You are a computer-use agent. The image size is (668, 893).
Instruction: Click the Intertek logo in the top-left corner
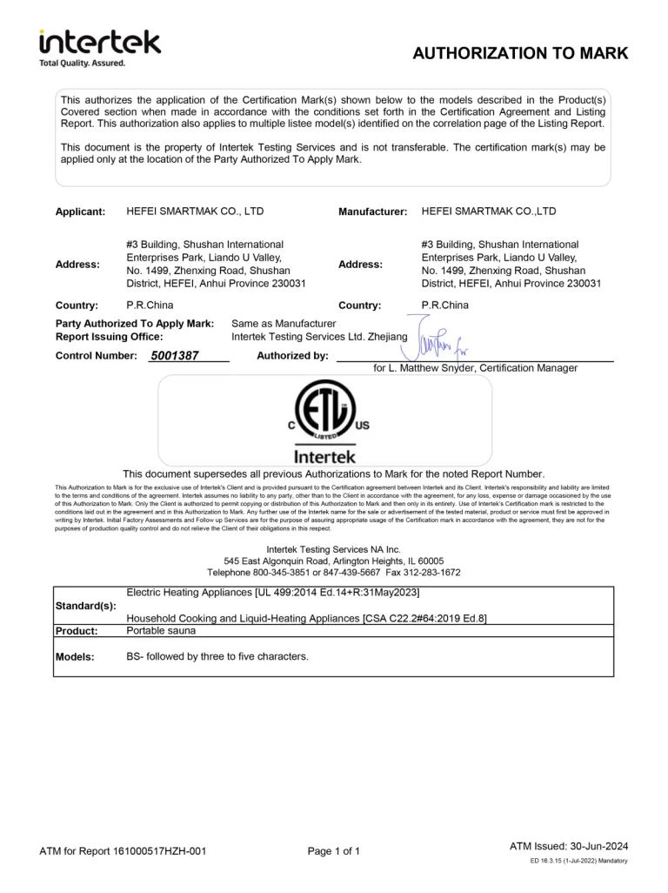click(99, 47)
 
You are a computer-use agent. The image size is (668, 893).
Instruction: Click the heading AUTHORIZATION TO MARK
click(519, 53)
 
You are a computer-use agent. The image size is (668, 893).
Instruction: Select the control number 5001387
click(175, 356)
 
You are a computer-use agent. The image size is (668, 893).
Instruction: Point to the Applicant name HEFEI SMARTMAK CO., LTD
click(195, 211)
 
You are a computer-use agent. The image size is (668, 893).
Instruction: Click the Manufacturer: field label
click(372, 212)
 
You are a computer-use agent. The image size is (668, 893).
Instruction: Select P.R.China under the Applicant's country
click(150, 305)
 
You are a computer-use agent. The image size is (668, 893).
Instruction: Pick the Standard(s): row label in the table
click(85, 605)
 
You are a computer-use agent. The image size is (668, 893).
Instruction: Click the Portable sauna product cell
click(161, 630)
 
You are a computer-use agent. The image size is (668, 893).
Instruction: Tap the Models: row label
click(75, 657)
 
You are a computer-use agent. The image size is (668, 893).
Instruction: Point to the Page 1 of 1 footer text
click(334, 851)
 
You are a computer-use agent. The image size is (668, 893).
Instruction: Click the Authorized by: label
click(292, 356)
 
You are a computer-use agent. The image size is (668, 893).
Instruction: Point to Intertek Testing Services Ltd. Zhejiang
click(318, 337)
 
